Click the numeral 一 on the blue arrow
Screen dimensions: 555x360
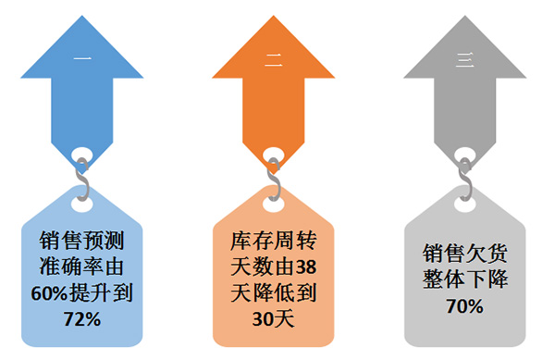(82, 58)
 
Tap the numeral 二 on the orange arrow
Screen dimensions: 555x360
(274, 61)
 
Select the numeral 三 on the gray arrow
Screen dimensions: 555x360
(465, 60)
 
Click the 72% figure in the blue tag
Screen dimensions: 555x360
(82, 319)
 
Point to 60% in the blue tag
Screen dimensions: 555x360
(49, 293)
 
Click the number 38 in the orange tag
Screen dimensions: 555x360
(306, 267)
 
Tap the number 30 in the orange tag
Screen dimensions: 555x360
(263, 319)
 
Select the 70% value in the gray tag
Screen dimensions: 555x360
(464, 306)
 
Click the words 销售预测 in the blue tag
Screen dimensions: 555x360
(81, 241)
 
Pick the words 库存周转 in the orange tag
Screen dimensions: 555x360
(274, 241)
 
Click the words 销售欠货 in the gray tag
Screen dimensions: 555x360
(465, 254)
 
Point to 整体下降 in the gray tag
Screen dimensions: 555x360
(465, 279)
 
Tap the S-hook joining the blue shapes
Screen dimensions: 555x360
(82, 180)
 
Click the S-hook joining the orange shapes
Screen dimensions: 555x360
(274, 180)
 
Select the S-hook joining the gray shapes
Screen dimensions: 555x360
(465, 180)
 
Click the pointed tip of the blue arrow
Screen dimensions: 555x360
(82, 15)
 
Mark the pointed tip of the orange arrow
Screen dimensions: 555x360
(274, 15)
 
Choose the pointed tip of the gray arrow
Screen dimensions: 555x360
(465, 15)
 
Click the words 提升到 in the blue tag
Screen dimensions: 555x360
(101, 293)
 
